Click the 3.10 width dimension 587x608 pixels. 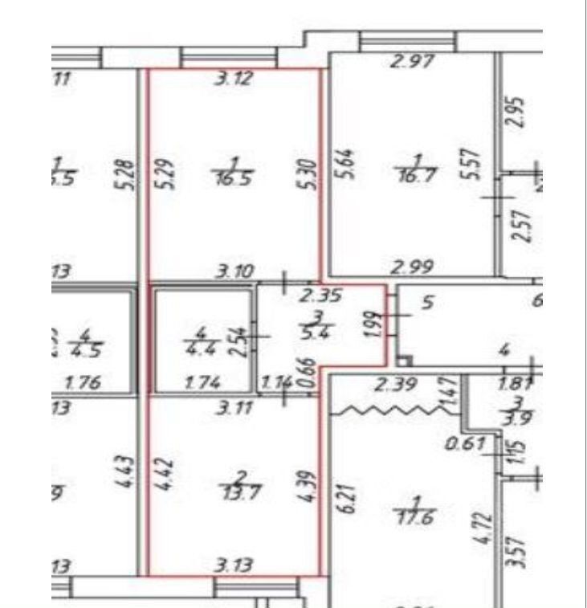coord(232,274)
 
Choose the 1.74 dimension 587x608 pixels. coord(200,384)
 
